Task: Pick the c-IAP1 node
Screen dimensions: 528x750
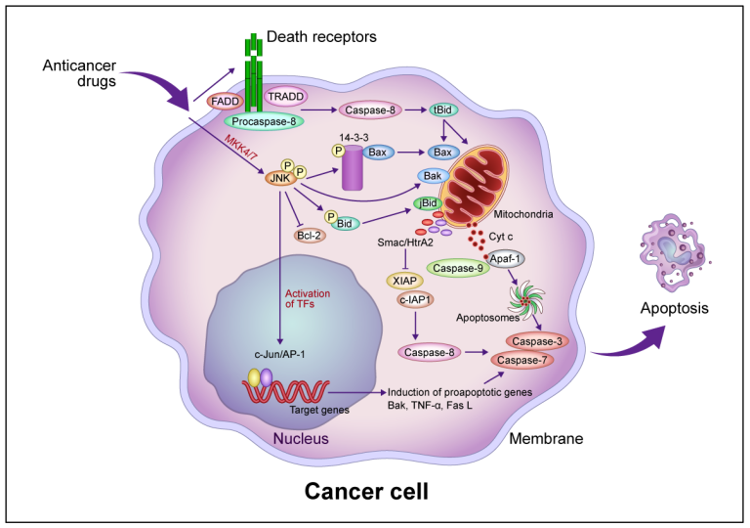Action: click(x=415, y=300)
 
